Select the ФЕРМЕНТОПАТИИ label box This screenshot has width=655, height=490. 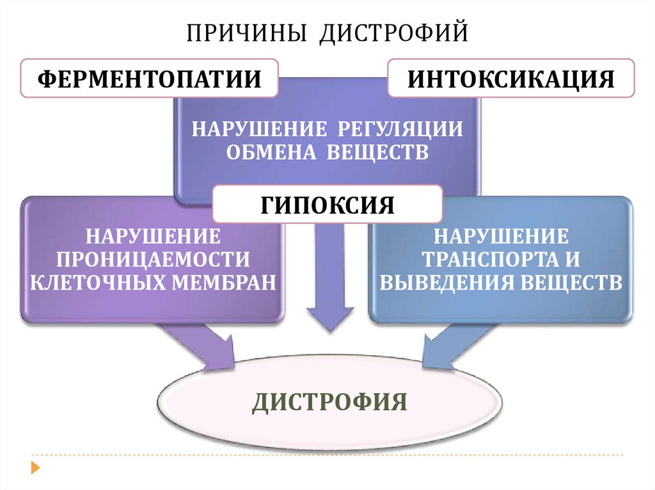[x=150, y=79]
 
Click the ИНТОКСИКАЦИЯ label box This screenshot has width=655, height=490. [x=511, y=79]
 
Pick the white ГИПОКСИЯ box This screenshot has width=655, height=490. [x=327, y=204]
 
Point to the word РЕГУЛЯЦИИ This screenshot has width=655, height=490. [x=396, y=128]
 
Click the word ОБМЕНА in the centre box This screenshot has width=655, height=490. [x=266, y=153]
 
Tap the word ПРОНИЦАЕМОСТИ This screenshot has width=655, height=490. [x=153, y=259]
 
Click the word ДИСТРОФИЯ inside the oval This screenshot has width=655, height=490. [x=329, y=402]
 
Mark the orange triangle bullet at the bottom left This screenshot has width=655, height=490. [x=35, y=467]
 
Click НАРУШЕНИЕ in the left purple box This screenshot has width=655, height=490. [x=153, y=236]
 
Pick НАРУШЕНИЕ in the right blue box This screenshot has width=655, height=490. [x=501, y=236]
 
